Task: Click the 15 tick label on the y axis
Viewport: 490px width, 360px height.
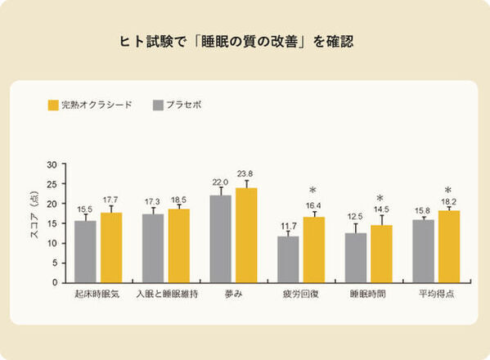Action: point(52,223)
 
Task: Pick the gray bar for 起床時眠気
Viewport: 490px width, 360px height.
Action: point(85,251)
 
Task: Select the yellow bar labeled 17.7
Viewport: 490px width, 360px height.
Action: point(111,247)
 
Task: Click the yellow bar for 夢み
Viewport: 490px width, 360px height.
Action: point(246,235)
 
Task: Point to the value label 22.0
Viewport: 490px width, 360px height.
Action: point(220,182)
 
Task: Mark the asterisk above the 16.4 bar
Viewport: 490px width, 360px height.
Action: point(312,191)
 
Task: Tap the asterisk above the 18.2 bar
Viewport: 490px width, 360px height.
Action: point(447,191)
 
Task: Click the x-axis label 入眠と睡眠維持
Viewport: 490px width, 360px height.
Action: point(166,293)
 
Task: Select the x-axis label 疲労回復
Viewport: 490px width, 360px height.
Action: point(301,293)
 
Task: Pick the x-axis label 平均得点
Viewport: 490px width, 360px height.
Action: point(436,293)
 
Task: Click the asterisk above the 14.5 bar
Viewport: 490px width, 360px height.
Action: point(380,199)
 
